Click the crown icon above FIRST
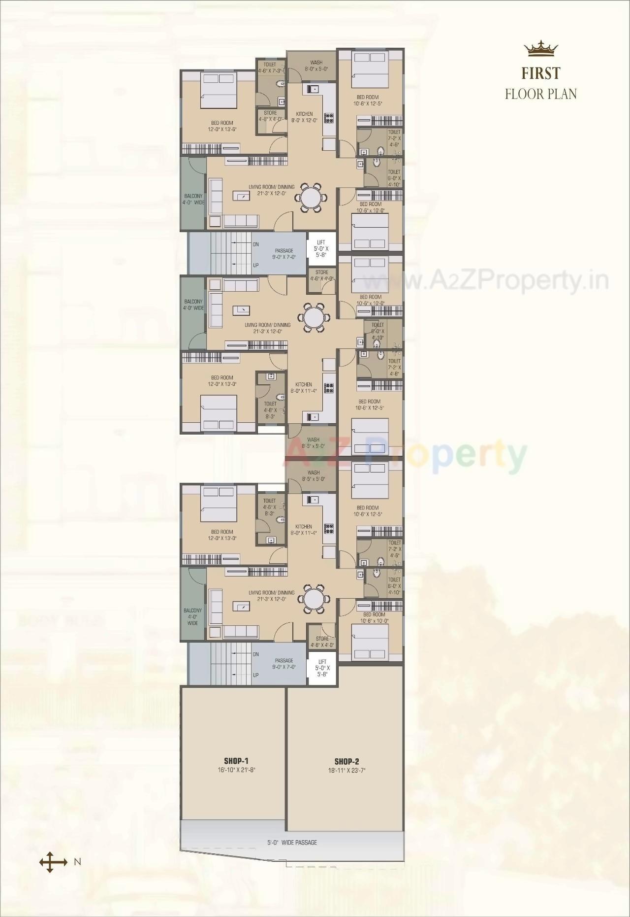point(541,49)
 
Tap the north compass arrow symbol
point(53,876)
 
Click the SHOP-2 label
point(346,761)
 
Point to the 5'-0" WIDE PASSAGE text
point(292,842)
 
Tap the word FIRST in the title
point(541,73)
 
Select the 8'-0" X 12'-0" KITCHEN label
point(304,117)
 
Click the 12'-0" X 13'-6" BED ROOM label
point(222,126)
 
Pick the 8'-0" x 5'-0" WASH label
point(316,66)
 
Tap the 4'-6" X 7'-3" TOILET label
point(270,68)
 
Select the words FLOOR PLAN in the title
point(541,94)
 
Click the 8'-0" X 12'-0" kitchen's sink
point(313,89)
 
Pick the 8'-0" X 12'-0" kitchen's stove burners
point(328,118)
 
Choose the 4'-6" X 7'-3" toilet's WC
point(281,84)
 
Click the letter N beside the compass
point(77,876)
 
